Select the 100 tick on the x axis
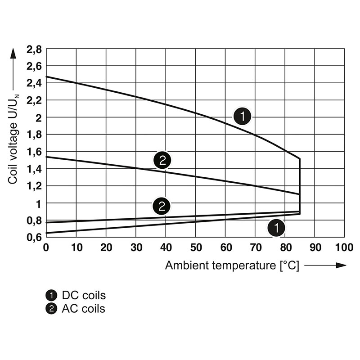click(x=344, y=247)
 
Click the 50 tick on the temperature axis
click(x=195, y=247)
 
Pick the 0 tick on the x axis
click(x=46, y=247)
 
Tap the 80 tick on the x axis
click(x=285, y=247)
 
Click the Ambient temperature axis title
click(x=232, y=265)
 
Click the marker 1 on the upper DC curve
click(x=242, y=117)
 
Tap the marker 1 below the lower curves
click(x=276, y=228)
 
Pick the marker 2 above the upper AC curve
click(x=162, y=159)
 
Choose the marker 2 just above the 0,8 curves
click(x=162, y=206)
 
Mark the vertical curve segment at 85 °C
click(x=300, y=184)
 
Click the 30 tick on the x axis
click(x=135, y=247)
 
